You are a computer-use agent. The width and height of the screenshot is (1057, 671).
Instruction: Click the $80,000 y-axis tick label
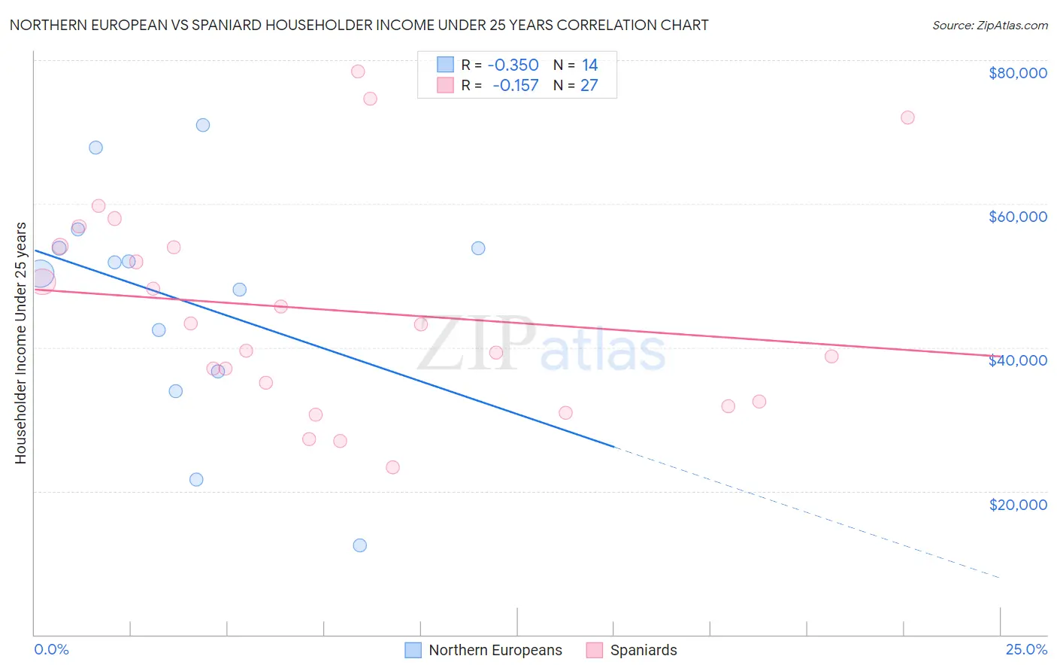[1018, 73]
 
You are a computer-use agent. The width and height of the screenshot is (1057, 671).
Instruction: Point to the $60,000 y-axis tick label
[1018, 217]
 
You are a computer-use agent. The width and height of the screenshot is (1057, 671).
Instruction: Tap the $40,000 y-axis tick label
[1018, 360]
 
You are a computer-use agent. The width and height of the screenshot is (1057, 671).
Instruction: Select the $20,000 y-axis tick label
[1018, 505]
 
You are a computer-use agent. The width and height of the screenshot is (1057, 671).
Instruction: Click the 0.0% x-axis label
[51, 649]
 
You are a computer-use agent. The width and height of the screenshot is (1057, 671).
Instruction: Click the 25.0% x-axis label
[1026, 649]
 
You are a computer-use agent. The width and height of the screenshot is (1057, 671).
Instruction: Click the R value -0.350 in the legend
[513, 65]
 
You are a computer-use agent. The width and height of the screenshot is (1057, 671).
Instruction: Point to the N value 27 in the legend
[589, 86]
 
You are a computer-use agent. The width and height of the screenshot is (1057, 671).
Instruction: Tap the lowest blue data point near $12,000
[360, 545]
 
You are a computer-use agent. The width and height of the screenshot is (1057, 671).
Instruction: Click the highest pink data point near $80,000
[358, 71]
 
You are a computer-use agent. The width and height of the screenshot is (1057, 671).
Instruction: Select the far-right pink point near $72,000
[907, 117]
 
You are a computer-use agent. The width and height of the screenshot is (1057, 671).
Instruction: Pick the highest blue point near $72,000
[203, 125]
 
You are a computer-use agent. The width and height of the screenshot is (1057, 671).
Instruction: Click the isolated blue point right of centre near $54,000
[478, 248]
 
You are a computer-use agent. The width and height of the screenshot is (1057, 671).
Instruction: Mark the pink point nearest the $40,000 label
[831, 357]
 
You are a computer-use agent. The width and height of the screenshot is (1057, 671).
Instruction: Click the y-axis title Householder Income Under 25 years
[20, 343]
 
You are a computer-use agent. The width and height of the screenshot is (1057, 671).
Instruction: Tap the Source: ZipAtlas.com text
[989, 26]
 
